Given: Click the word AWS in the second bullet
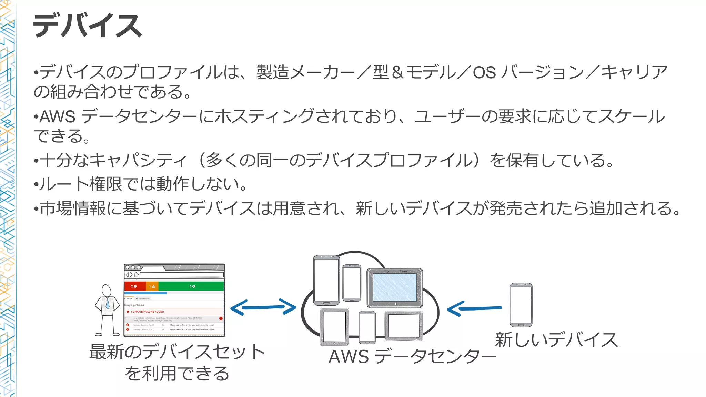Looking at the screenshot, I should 57,117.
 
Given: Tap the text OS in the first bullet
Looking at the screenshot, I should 484,73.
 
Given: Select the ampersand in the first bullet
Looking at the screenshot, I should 397,73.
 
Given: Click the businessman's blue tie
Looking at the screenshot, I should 107,303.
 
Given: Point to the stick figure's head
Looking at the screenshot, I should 107,290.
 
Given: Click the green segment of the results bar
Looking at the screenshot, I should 191,286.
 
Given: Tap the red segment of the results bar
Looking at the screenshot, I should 134,286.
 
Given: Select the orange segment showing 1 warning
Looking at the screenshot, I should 152,286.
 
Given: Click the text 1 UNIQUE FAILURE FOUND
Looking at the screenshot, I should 147,312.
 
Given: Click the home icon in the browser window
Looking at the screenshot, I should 136,275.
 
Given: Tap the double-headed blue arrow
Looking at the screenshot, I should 263,307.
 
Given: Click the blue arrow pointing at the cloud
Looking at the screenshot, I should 474,308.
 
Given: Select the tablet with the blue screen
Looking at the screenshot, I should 395,288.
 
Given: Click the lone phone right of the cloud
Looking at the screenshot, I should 521,305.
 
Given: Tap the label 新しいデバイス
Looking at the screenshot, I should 556,340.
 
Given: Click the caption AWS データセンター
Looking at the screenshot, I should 412,357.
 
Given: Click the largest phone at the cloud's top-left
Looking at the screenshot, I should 326,280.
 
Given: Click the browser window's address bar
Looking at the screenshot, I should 182,275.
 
